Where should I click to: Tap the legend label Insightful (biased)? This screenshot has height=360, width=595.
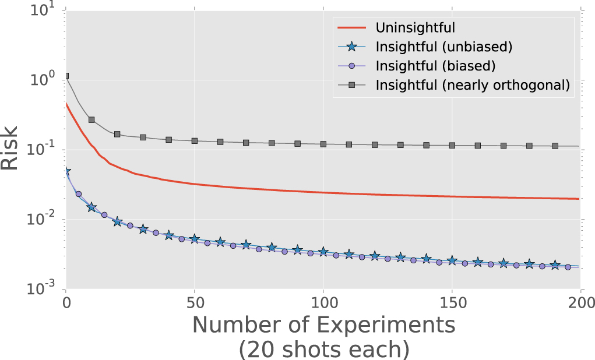pos(436,65)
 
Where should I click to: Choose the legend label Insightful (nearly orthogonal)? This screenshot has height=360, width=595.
pos(472,84)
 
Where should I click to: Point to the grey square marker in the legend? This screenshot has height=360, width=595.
pos(354,84)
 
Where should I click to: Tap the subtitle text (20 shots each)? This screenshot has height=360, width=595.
pos(323,349)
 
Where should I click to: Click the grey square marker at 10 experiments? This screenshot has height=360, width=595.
pos(91,119)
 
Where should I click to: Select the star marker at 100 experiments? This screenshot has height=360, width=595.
pos(323,252)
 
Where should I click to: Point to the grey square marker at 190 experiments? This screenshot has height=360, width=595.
pos(555,146)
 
